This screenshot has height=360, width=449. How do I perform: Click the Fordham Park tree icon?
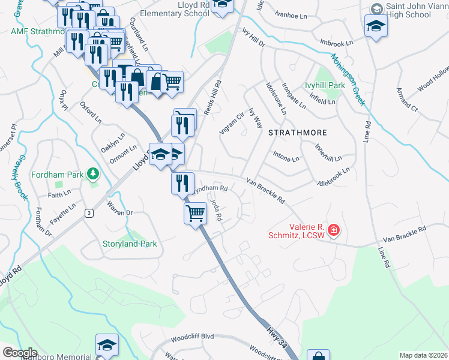click(92, 174)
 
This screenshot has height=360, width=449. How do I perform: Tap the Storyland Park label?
click(128, 244)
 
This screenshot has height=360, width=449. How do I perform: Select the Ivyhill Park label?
click(324, 86)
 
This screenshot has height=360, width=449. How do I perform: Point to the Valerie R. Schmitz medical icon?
click(334, 230)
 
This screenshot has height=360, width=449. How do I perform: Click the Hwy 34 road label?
click(277, 338)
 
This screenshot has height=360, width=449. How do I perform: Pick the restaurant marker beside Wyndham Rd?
click(182, 182)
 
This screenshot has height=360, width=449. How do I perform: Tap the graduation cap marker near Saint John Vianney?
click(376, 26)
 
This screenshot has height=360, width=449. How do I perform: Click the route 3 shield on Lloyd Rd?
click(89, 212)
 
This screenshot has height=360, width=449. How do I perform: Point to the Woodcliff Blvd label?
click(192, 337)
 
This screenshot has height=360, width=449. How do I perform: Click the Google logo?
click(20, 353)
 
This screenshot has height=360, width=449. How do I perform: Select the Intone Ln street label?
click(286, 159)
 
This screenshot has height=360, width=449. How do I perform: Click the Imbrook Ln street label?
click(336, 43)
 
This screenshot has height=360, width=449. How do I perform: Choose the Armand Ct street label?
click(406, 98)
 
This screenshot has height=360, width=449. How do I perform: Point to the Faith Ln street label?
click(59, 195)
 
